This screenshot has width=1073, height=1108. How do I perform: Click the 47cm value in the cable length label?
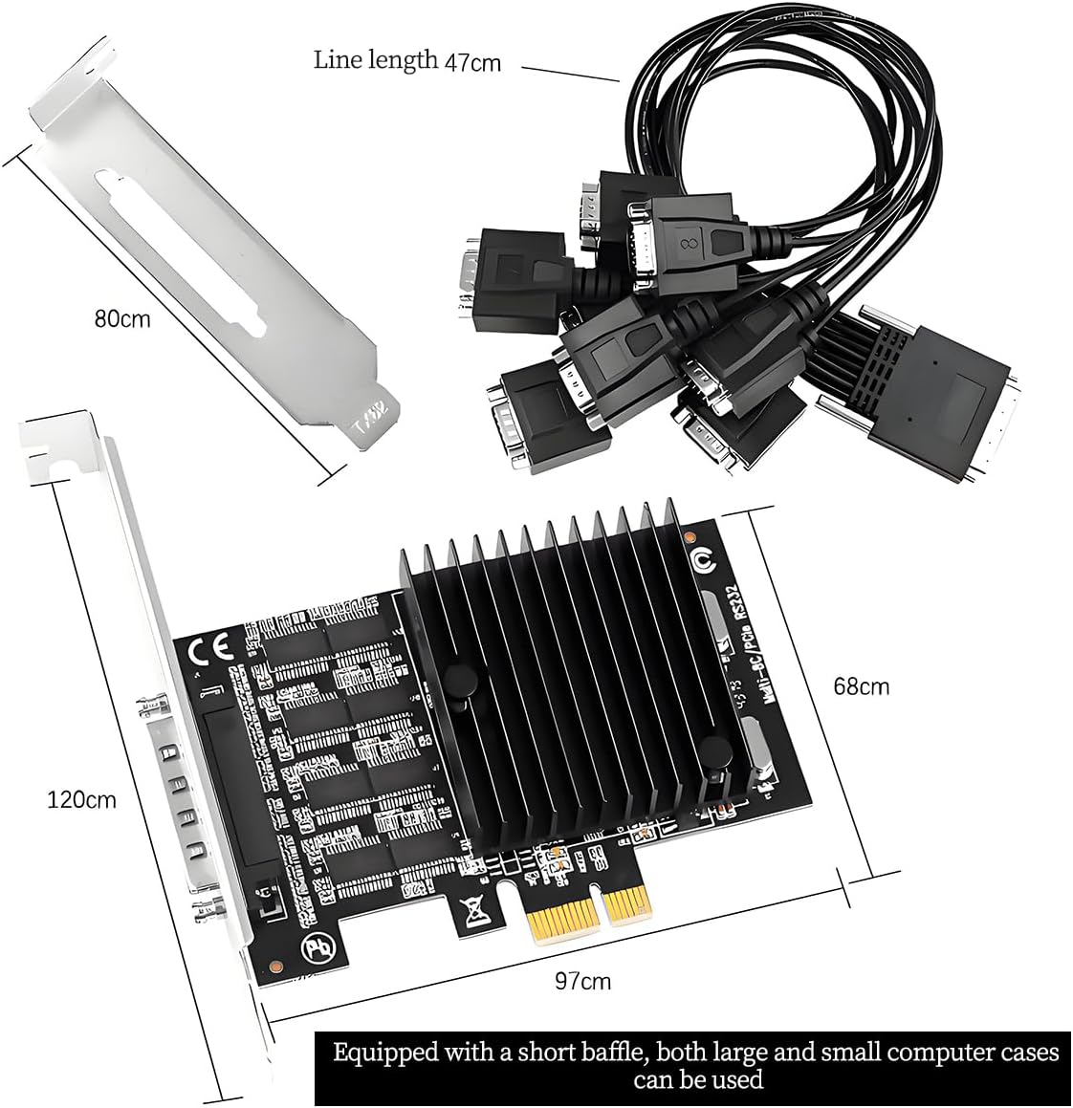[472, 62]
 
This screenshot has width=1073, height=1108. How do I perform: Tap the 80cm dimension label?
[121, 318]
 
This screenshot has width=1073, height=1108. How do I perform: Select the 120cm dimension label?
[81, 798]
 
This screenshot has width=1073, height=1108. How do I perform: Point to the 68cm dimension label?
[861, 686]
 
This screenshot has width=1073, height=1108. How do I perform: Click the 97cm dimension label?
[582, 980]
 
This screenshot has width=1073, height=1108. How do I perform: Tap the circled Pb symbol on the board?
[316, 950]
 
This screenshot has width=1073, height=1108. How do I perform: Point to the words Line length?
[376, 59]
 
